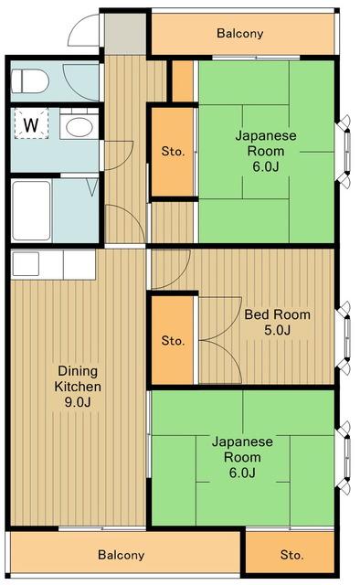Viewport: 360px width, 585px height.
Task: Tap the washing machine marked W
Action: [31, 123]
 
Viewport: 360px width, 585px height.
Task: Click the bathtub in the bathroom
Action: [32, 210]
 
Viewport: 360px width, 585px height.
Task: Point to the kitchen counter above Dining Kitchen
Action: [53, 263]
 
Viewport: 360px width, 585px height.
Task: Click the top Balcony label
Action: [239, 34]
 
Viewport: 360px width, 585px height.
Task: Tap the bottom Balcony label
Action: [122, 555]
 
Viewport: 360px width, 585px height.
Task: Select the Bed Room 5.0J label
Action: [277, 322]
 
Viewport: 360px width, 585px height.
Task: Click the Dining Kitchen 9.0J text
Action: [78, 387]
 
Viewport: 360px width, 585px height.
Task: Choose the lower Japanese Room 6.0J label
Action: [242, 456]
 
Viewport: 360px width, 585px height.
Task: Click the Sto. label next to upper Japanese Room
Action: [173, 152]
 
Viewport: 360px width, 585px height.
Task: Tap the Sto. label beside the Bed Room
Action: [173, 341]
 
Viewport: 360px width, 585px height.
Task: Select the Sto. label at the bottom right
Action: [291, 555]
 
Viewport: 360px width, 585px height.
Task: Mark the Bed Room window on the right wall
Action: [344, 340]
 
